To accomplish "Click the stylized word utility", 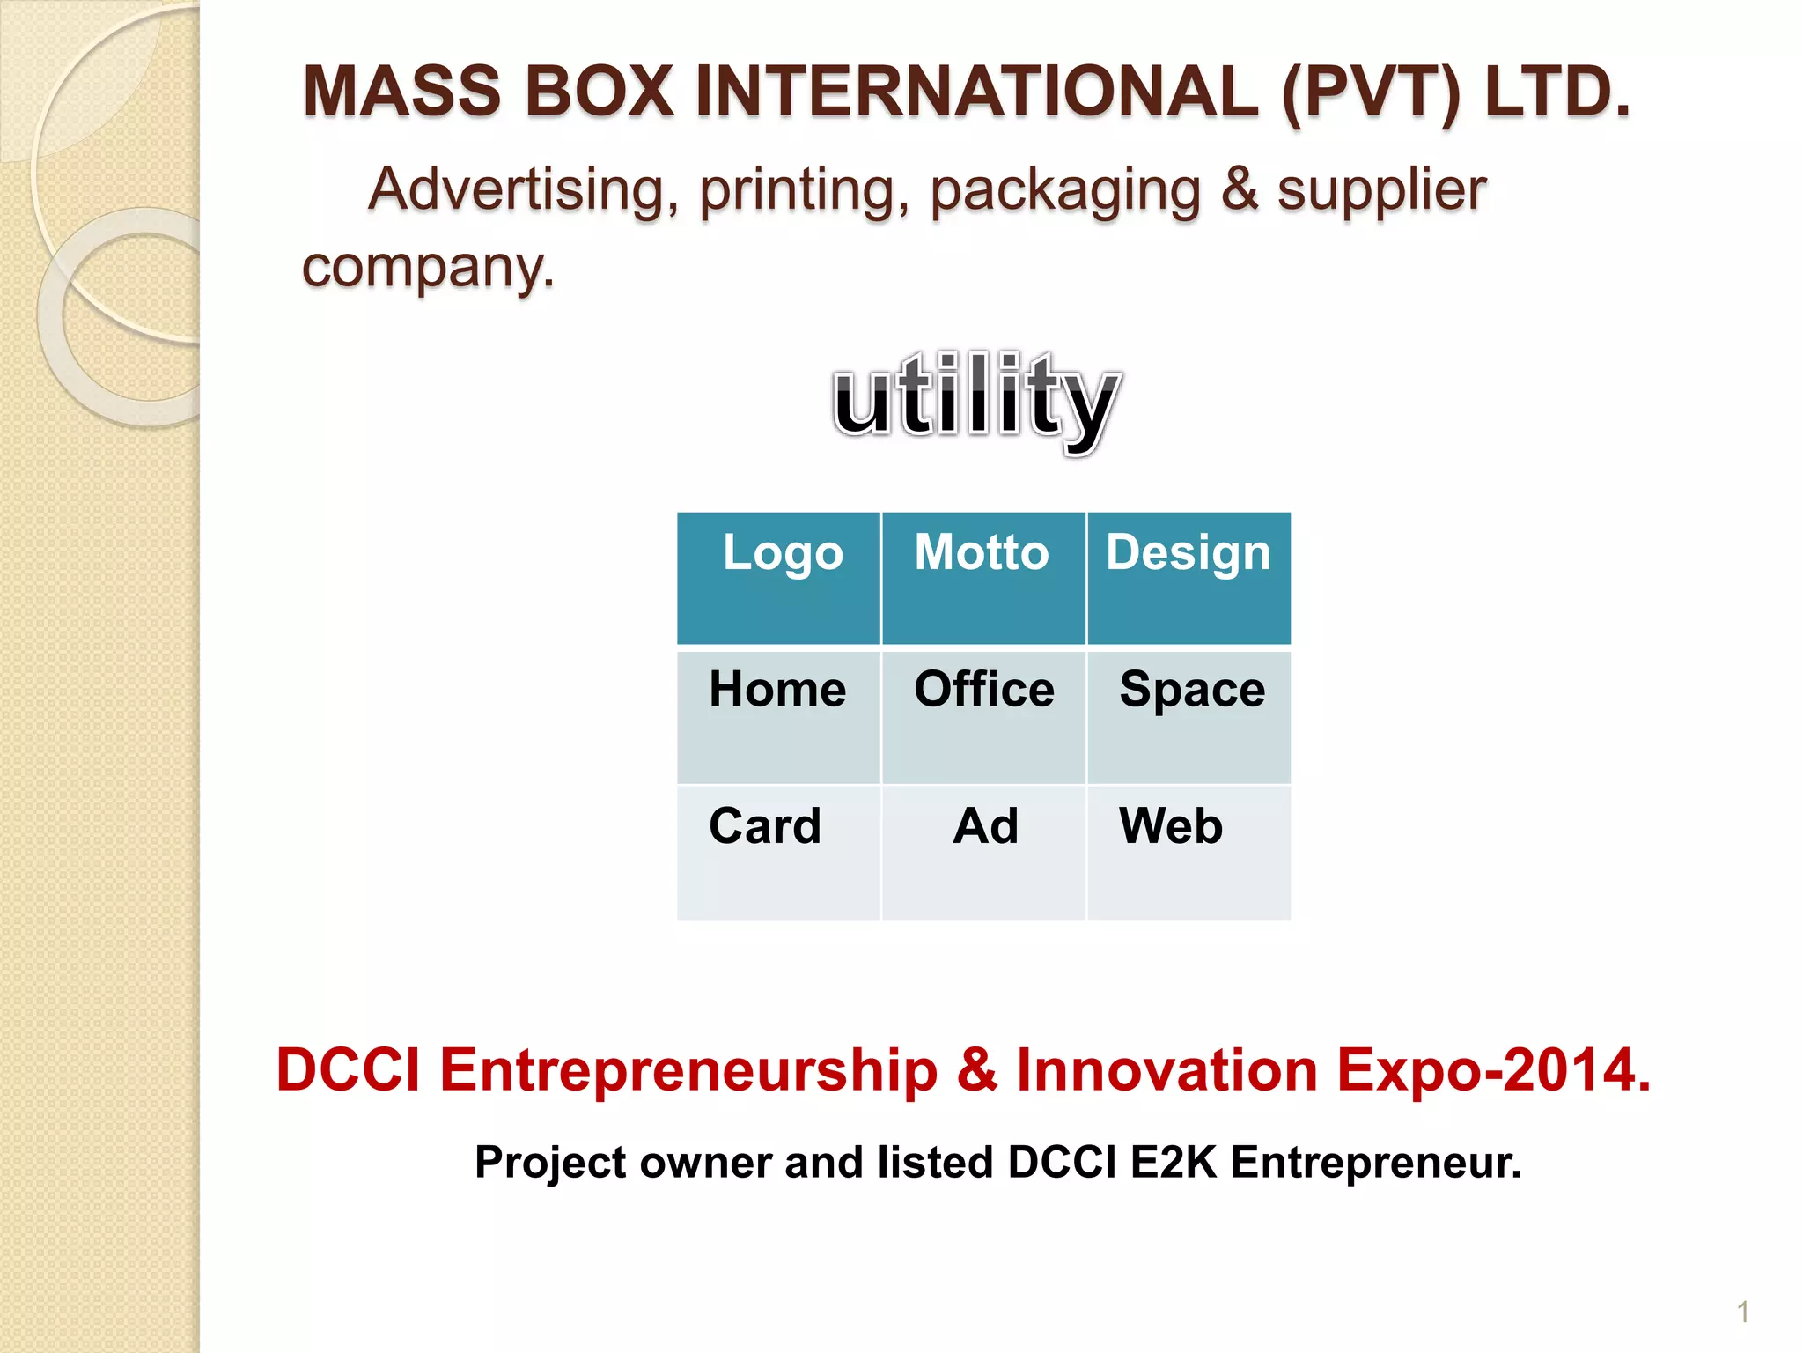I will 975,401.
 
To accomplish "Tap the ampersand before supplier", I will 1240,189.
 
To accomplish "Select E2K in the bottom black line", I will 1173,1162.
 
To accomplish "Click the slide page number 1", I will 1742,1312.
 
